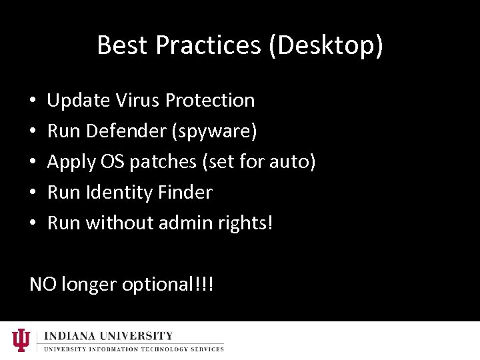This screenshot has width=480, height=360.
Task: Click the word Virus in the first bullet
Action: pyautogui.click(x=138, y=100)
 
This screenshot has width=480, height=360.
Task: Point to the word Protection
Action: pyautogui.click(x=210, y=100)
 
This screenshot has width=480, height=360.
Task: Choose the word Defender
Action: pyautogui.click(x=126, y=131)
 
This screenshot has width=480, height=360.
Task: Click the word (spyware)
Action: pyautogui.click(x=214, y=131)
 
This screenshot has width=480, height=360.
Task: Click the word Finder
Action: pyautogui.click(x=185, y=192)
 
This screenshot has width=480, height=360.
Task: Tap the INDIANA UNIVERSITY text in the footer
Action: pyautogui.click(x=109, y=336)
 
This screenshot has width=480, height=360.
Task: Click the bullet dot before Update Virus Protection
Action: pyautogui.click(x=33, y=101)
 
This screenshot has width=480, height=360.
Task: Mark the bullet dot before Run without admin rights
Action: pyautogui.click(x=33, y=224)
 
